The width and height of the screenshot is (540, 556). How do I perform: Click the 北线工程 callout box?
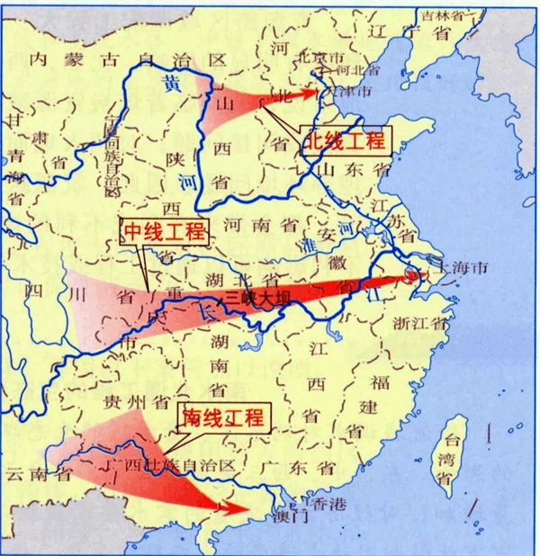click(343, 140)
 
